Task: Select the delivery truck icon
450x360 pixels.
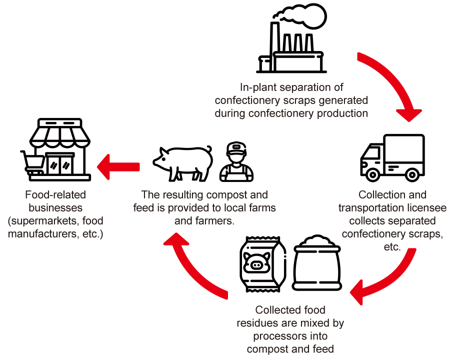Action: [x=392, y=157]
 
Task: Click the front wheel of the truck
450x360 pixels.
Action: [x=372, y=174]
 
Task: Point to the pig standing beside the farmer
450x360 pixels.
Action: [x=183, y=163]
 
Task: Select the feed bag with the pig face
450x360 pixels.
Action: [x=263, y=264]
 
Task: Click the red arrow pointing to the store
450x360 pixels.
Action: [x=118, y=167]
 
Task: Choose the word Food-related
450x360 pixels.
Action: [x=55, y=195]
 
